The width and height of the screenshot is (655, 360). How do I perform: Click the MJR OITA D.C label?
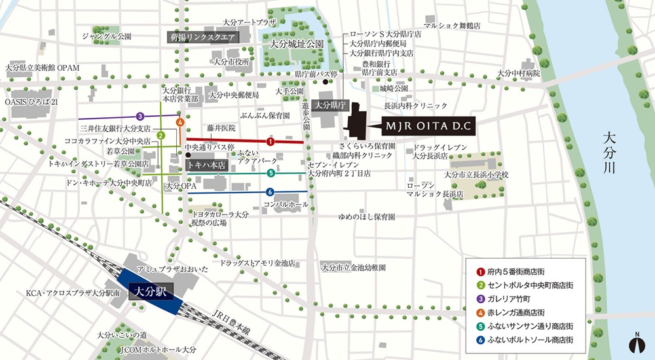point(429,123)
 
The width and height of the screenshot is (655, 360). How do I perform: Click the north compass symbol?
point(635,342)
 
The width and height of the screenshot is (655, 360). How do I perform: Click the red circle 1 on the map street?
point(270,141)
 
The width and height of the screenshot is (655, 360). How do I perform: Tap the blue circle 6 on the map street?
point(270,192)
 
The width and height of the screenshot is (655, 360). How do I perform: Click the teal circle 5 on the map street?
point(271,173)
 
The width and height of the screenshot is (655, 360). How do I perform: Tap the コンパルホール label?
point(285,204)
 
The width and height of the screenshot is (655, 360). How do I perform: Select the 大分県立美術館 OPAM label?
point(41,67)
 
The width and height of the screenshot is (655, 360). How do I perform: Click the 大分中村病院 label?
point(518,73)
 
